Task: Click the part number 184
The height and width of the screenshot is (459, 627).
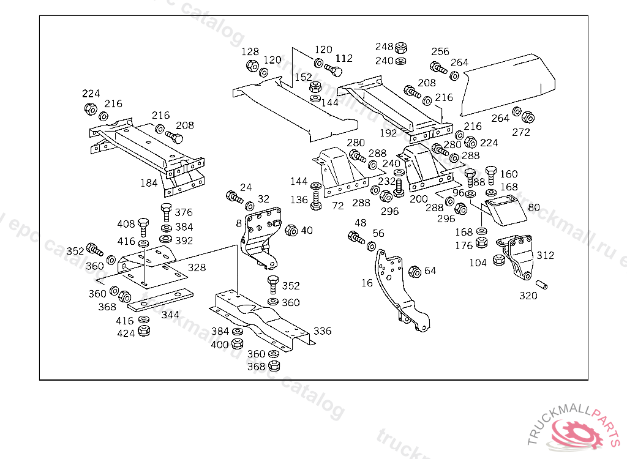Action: [x=149, y=182]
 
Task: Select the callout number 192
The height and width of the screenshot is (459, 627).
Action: [x=388, y=132]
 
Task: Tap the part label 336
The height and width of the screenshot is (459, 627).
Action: [x=323, y=331]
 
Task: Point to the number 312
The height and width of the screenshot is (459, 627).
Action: [x=545, y=255]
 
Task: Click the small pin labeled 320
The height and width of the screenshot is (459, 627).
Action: [x=542, y=285]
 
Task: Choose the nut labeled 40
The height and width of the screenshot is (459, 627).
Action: [x=291, y=231]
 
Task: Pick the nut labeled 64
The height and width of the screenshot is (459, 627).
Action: [x=413, y=271]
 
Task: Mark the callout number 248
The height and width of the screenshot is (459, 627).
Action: [x=384, y=47]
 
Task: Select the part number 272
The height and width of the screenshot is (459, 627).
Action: [x=521, y=132]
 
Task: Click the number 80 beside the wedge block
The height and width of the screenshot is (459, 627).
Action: [x=534, y=207]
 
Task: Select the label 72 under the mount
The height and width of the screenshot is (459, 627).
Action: [x=338, y=207]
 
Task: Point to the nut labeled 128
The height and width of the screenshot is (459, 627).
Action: [x=252, y=65]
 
